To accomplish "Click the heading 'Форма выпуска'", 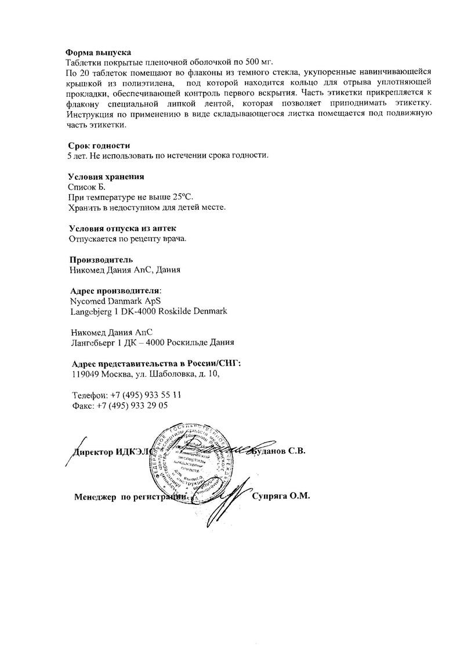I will (98, 53).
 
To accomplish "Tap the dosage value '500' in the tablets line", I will (247, 62).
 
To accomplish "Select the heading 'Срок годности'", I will (99, 145).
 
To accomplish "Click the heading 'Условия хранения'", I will (106, 177).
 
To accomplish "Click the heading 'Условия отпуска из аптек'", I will (122, 228).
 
